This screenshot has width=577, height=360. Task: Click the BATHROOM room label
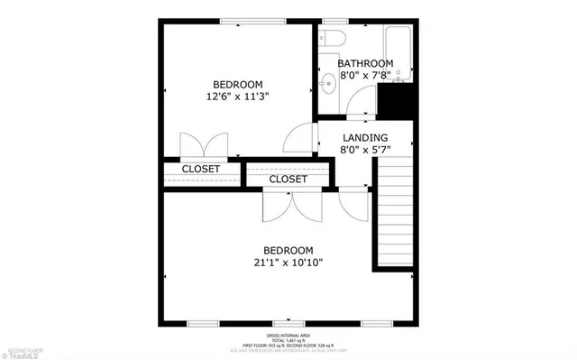365,64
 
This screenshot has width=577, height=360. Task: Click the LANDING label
364,137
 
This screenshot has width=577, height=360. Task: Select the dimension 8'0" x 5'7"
364,151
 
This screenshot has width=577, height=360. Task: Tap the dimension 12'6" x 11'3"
238,94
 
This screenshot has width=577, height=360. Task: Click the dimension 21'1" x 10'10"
288,263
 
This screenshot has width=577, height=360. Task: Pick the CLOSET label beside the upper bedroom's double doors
201,169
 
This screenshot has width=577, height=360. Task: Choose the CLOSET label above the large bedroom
288,180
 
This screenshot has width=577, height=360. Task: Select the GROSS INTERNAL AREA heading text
288,334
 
